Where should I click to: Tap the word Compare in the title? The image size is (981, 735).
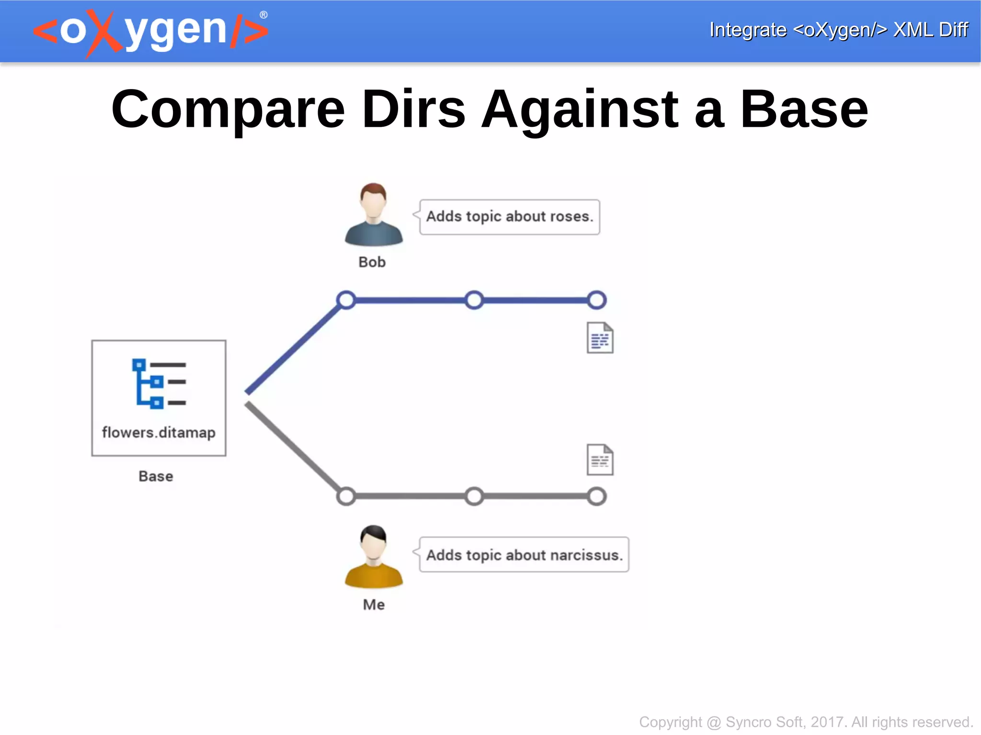[228, 110]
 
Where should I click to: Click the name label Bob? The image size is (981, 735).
[372, 262]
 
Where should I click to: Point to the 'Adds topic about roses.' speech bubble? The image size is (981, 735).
[509, 217]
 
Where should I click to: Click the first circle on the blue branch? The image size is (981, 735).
[346, 300]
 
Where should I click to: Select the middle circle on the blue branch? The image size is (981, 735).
[474, 300]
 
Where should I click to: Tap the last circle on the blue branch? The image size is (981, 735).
[597, 300]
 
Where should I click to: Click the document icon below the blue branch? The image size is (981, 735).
[600, 338]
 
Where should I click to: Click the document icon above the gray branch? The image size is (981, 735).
[600, 460]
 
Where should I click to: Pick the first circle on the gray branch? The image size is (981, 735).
[346, 496]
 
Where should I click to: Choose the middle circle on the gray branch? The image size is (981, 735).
[474, 496]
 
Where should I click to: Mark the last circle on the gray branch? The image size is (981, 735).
[597, 496]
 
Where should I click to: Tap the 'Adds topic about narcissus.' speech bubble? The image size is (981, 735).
[524, 555]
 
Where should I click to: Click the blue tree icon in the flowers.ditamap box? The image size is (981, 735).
[159, 384]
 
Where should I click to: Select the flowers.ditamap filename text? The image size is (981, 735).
[159, 432]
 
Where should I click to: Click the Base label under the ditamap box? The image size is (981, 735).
[156, 476]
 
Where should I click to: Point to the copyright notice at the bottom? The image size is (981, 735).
[806, 722]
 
